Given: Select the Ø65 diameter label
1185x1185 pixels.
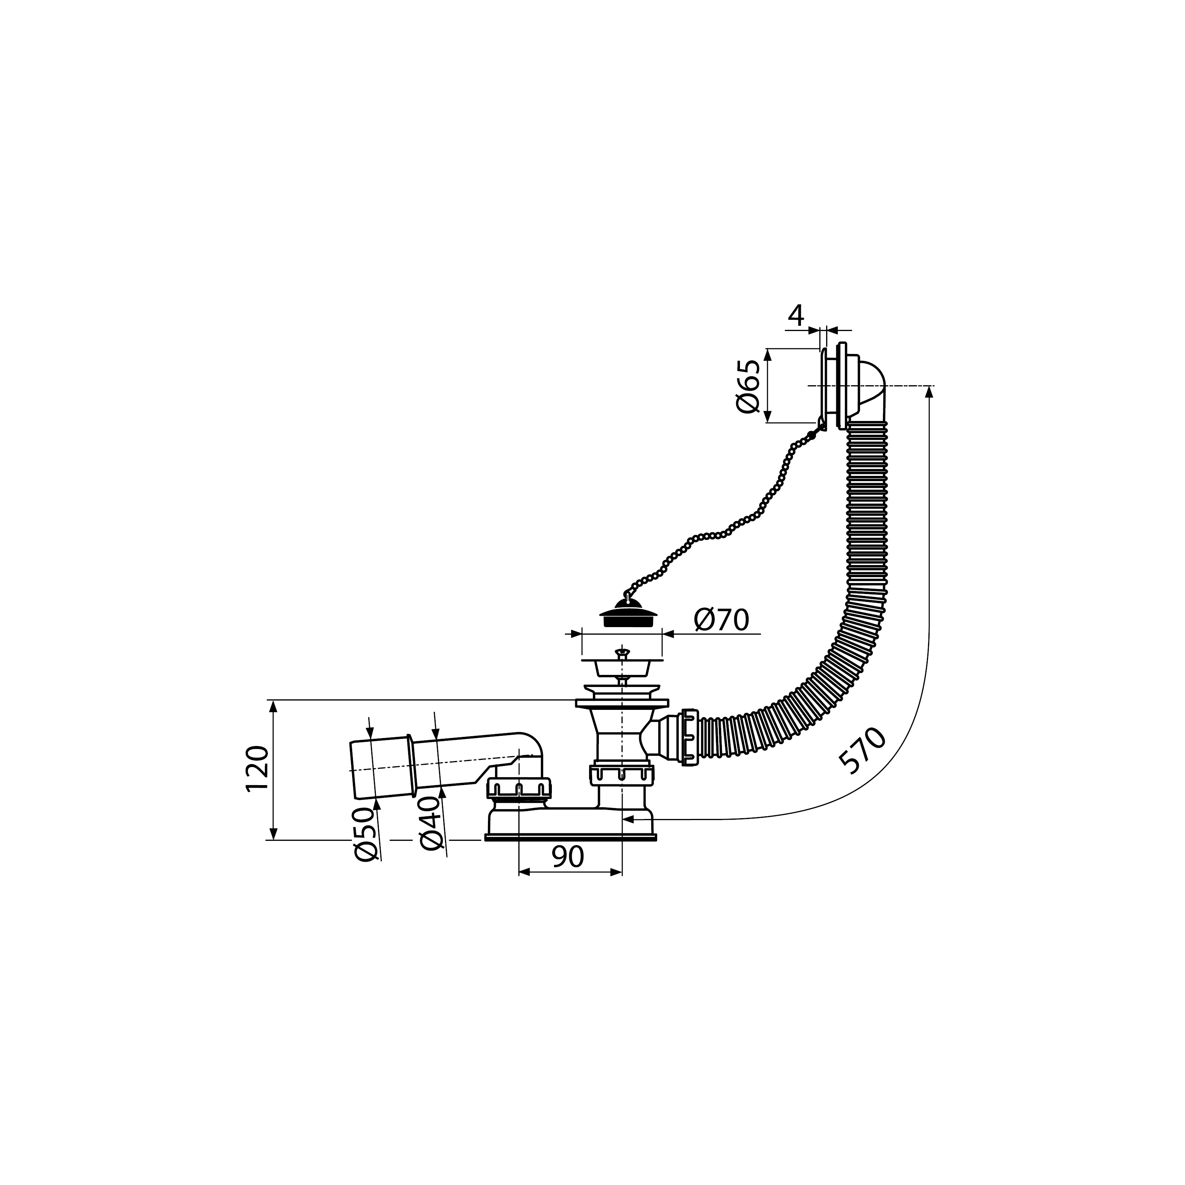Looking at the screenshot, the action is click(748, 386).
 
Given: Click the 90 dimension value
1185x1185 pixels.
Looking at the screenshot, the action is click(567, 857).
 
